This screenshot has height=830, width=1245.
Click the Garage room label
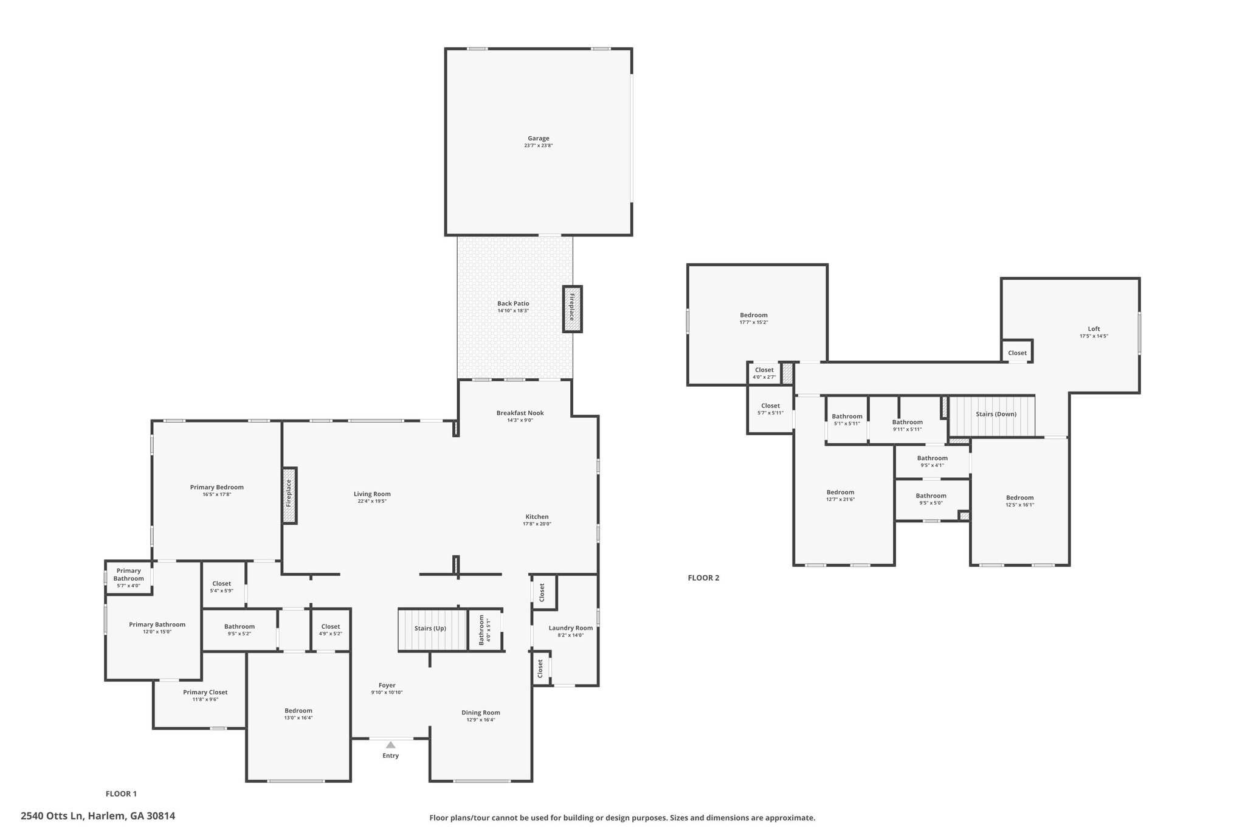pos(538,139)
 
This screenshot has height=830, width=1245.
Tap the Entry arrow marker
pos(390,745)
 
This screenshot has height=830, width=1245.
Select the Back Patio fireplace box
pos(572,309)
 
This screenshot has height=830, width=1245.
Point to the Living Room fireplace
pos(289,495)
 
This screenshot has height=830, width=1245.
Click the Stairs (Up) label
pos(430,628)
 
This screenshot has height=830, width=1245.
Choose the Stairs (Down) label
pos(996,414)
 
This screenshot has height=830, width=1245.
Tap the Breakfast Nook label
pos(520,413)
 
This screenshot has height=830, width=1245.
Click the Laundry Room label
pos(570,628)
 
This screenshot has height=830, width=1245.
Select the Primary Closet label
pos(205,692)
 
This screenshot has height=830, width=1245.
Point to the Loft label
pos(1094,329)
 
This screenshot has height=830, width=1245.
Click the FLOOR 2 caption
pos(703,578)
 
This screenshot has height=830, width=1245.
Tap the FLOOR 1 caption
pos(122,794)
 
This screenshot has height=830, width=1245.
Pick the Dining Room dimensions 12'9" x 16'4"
pos(480,720)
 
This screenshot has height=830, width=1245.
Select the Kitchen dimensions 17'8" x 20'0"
pos(537,524)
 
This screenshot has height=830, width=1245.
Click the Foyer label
pos(387,685)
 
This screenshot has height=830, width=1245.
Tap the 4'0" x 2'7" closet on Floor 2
pos(764,373)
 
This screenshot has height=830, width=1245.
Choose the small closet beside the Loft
pos(1017,351)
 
